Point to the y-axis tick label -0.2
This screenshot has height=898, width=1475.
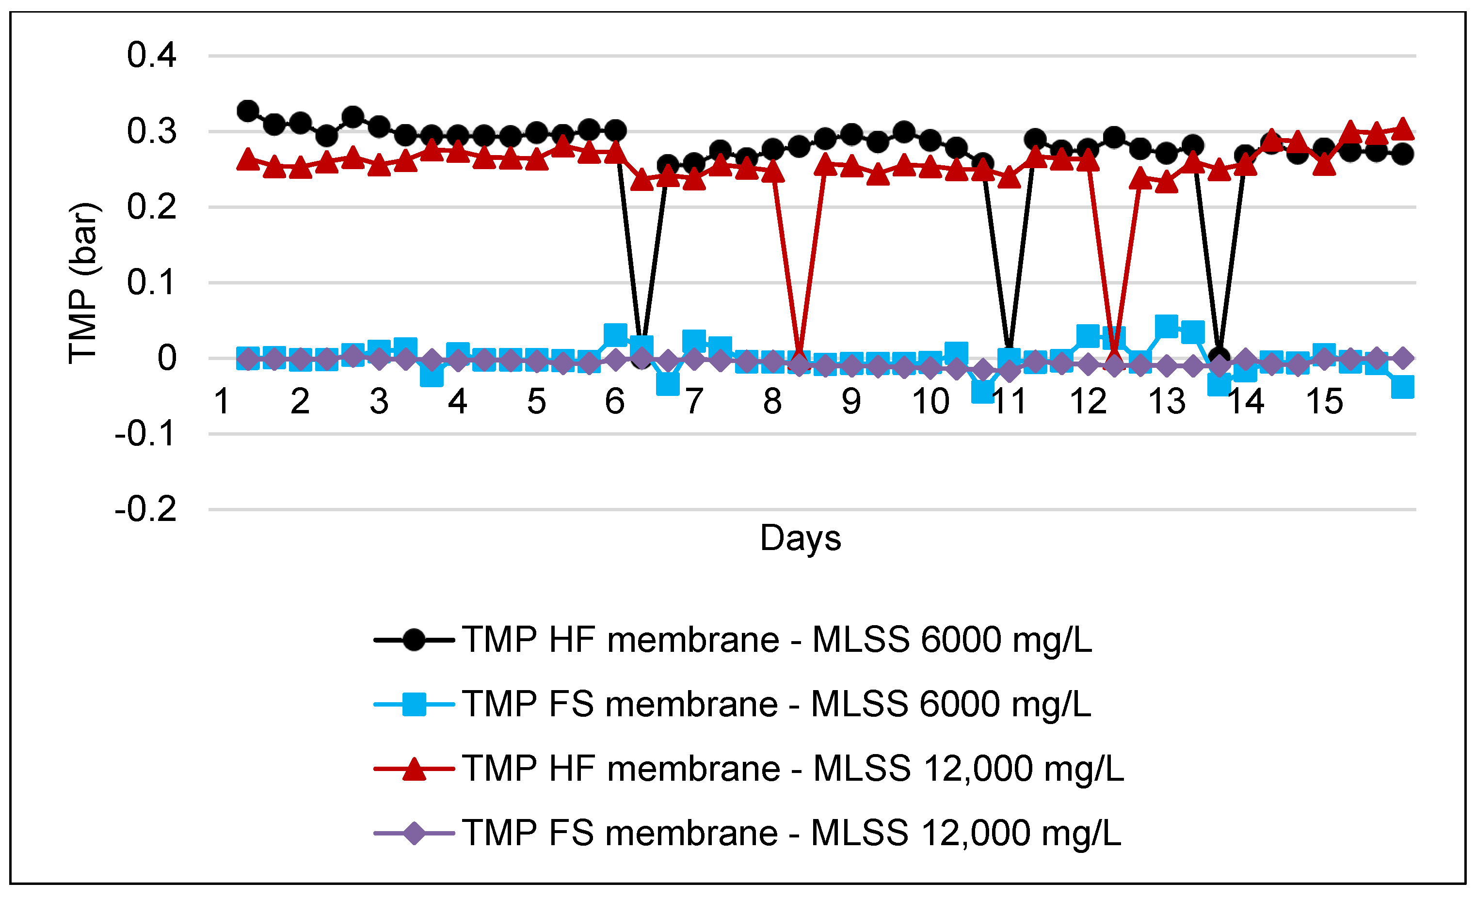pos(145,509)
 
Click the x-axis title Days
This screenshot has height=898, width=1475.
pos(801,538)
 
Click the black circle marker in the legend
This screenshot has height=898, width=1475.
pos(414,640)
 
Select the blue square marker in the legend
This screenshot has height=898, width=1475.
pos(414,704)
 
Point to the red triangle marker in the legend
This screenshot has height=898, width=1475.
pos(414,769)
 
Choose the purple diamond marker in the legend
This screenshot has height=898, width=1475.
pos(414,833)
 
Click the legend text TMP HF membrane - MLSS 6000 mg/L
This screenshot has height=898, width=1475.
pos(777,640)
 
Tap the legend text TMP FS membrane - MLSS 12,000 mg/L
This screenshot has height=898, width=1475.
pos(791,833)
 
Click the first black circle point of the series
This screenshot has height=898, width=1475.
pos(247,111)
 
